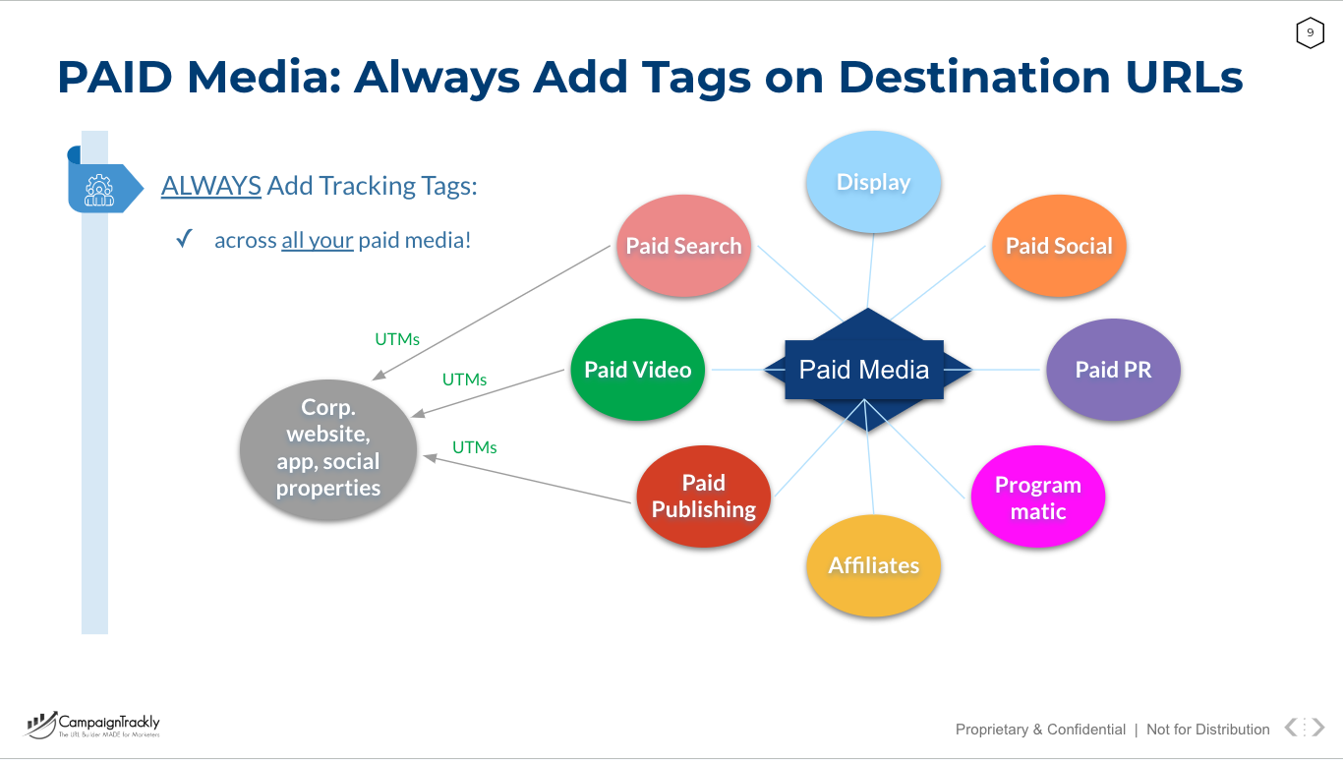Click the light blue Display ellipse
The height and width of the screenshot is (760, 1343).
(x=873, y=182)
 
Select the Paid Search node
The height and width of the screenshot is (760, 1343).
(x=683, y=246)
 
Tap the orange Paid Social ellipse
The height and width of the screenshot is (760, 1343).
(x=1059, y=246)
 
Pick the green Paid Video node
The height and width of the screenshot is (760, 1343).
(x=637, y=370)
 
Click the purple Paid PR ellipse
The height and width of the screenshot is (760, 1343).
(x=1113, y=370)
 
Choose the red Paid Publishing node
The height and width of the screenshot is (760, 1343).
(x=703, y=497)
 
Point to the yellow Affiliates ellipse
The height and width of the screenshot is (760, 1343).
(x=874, y=565)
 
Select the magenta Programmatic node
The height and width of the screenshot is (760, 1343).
(x=1038, y=497)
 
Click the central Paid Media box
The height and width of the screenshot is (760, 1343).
(x=864, y=370)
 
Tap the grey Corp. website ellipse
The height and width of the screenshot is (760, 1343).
(x=328, y=449)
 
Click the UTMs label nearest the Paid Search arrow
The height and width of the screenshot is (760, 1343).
(x=397, y=339)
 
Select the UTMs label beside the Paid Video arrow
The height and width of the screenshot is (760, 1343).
(x=464, y=380)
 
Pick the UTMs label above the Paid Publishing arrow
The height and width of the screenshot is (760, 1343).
(x=474, y=447)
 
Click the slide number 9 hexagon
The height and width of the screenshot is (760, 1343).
(x=1310, y=33)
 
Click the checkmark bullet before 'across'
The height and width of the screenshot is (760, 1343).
(x=184, y=239)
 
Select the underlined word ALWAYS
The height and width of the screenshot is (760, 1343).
(x=211, y=185)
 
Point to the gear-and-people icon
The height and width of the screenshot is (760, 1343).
(x=99, y=190)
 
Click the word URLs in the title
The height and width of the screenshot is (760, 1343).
(x=1184, y=77)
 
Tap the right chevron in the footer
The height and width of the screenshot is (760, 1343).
(x=1318, y=728)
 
